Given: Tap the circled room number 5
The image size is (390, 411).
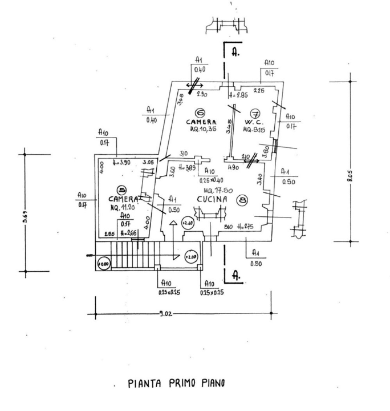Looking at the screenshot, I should coord(120,190).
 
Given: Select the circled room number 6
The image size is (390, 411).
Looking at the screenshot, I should coord(200,112).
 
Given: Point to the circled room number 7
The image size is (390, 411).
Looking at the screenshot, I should coord(255,112).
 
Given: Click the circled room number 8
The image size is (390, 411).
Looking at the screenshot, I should coord(243,200).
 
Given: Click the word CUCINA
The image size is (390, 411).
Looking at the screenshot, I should coord(212,199).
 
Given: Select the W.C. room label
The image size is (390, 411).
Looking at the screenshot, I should coord(253,122).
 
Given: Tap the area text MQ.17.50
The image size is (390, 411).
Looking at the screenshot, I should coord(216,190).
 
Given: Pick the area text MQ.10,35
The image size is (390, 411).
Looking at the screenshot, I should coord(203,130).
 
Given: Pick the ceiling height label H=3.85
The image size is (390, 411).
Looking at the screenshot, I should coord(188,167).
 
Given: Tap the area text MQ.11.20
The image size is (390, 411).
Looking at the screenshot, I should coord(122,207).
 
